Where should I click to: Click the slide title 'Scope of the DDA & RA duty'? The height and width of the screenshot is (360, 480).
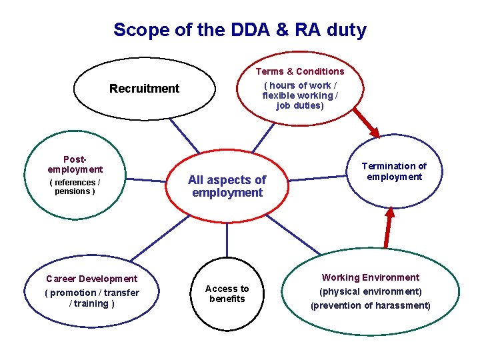[239, 30]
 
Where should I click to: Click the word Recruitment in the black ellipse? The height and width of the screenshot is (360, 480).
[145, 89]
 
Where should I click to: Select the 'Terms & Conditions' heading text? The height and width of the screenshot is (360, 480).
[300, 71]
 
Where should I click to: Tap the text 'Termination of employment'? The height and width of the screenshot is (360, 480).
[394, 171]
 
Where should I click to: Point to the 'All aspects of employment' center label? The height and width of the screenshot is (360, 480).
[227, 186]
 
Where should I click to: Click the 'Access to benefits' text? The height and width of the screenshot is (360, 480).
[227, 294]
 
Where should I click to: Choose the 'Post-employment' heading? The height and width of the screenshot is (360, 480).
[75, 165]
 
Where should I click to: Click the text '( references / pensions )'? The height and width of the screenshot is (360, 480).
[75, 187]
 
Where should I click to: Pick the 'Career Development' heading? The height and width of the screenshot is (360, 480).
[91, 279]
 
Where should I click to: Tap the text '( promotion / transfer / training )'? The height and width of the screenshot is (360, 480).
[91, 298]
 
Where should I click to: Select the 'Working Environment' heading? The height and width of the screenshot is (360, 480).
[371, 277]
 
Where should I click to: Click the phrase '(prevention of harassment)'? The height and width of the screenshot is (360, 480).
[371, 305]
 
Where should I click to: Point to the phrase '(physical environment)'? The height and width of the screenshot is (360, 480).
[371, 291]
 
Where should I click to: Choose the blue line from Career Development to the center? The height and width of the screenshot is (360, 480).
[157, 239]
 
